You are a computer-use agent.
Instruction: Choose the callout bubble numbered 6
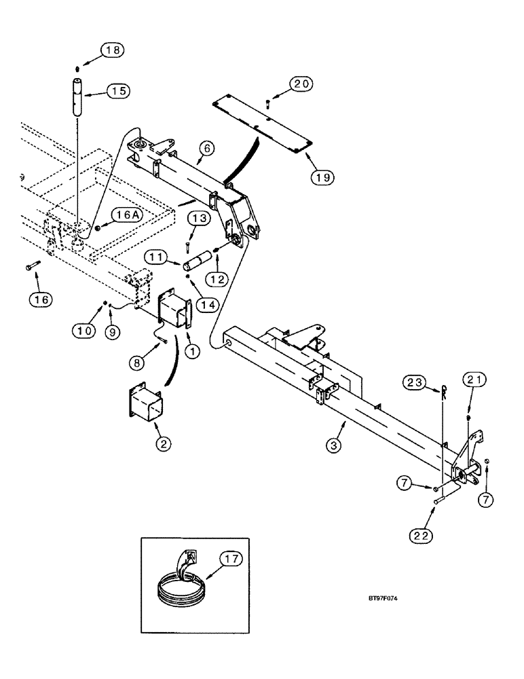point(210,148)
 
